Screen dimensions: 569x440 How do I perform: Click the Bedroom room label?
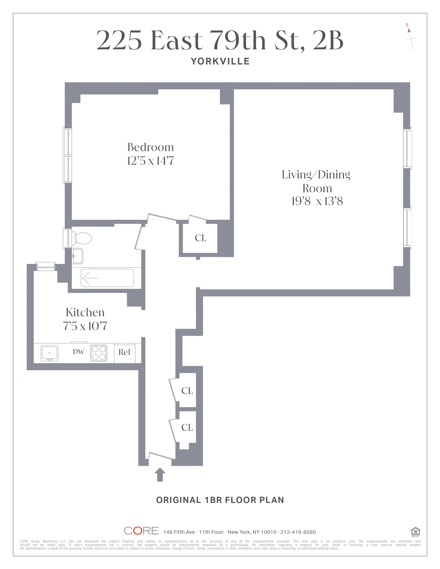pos(150,147)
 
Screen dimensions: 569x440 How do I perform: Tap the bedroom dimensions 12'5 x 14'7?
pos(150,161)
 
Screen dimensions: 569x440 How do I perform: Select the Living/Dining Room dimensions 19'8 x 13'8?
pos(317,201)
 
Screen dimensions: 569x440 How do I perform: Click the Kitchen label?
pos(85,312)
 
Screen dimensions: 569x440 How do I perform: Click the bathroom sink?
pos(77,256)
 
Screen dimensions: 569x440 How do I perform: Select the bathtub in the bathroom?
pos(107,278)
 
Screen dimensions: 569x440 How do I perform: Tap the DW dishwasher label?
pos(79,352)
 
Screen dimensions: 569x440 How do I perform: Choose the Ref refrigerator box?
pos(125,352)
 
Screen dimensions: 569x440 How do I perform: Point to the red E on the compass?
pos(407,25)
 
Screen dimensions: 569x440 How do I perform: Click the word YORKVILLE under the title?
pos(220,62)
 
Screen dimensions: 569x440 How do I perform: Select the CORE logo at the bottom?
pos(141,531)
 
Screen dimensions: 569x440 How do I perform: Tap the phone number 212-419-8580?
pos(298,532)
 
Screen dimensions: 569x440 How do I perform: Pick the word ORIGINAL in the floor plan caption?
pos(179,500)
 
